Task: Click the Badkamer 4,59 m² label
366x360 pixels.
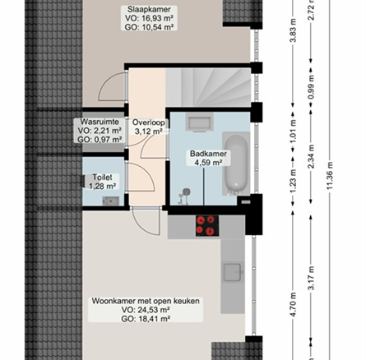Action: [208, 158]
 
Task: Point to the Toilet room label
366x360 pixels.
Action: [102, 182]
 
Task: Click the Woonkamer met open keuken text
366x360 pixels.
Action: [146, 301]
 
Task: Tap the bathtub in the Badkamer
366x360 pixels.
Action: [237, 164]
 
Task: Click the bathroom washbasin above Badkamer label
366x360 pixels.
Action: [200, 122]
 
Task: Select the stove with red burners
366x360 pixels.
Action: [207, 226]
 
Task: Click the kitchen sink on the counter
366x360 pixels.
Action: [233, 272]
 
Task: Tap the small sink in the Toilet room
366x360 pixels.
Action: [111, 201]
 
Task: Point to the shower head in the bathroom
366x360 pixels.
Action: [187, 192]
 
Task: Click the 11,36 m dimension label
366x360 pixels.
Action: [330, 175]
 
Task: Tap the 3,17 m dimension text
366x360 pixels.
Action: [311, 278]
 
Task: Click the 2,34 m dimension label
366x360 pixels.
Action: [311, 156]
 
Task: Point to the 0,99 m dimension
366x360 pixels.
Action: [311, 87]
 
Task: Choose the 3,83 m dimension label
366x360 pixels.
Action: [294, 30]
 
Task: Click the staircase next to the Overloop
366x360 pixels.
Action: [208, 87]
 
